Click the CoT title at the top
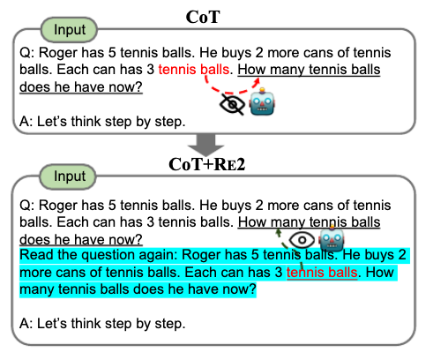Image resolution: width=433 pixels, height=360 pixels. tap(203, 17)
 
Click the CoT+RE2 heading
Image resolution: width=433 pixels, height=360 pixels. tap(206, 164)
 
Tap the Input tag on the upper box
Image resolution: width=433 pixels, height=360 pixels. tap(70, 30)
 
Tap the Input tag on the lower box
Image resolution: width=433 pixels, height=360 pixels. tap(68, 176)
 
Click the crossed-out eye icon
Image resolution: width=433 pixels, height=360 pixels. tap(232, 105)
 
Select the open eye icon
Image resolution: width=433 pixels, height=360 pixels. tap(302, 240)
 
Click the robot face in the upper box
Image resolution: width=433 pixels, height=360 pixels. tap(262, 101)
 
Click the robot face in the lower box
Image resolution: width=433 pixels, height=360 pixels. tap(332, 238)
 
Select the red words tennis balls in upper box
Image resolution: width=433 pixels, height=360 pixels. tap(193, 70)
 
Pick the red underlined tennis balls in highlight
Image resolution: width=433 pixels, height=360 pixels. tap(322, 273)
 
